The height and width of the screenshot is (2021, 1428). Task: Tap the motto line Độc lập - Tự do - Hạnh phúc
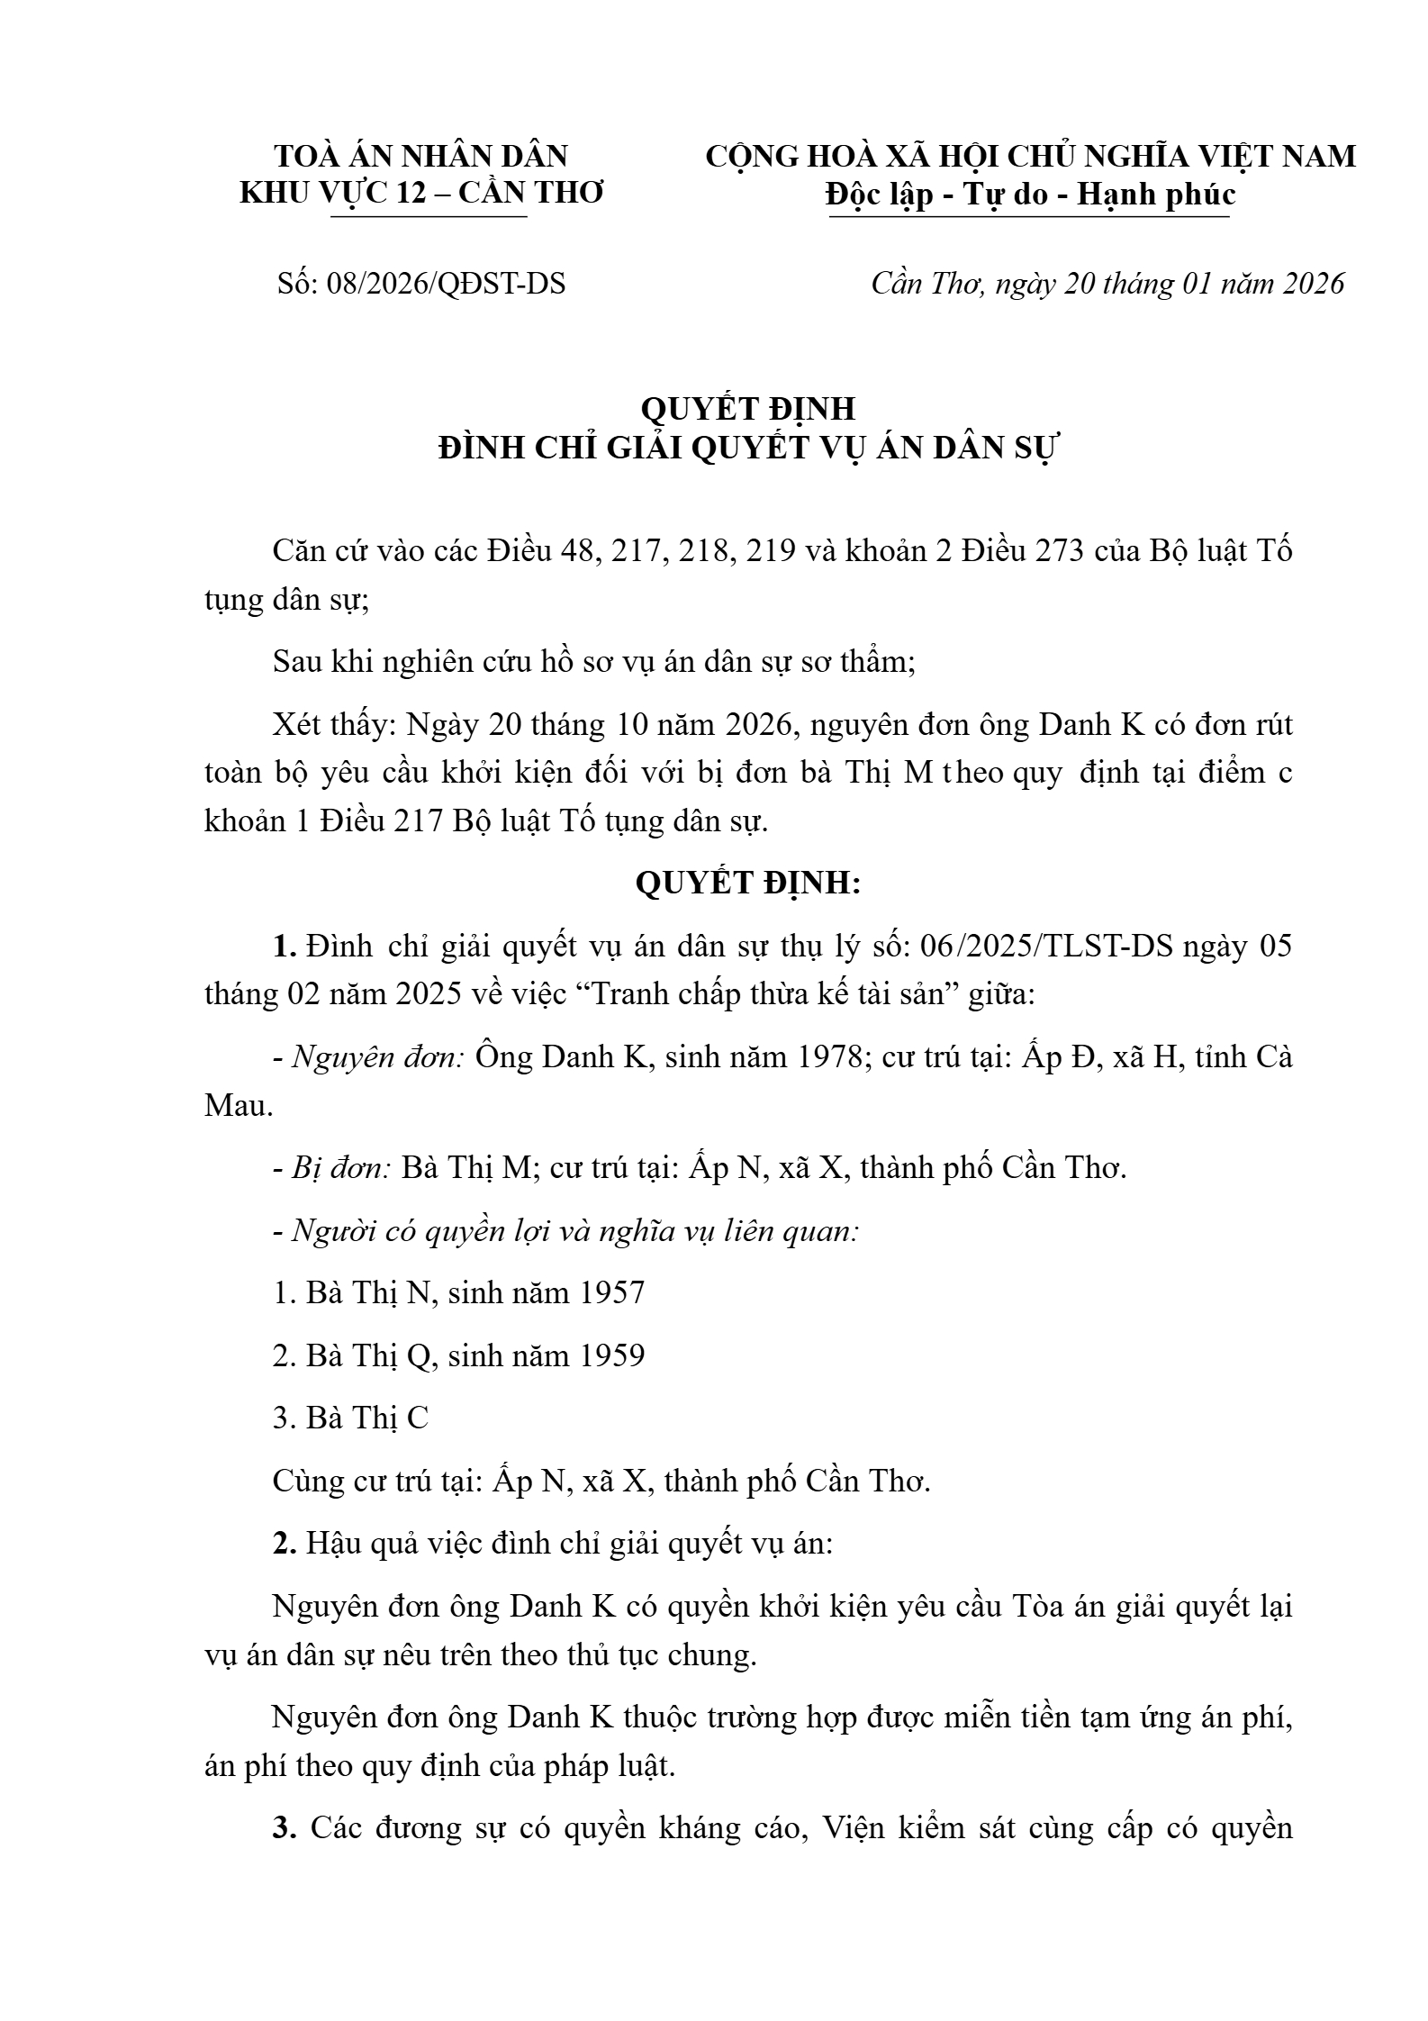[x=1030, y=195]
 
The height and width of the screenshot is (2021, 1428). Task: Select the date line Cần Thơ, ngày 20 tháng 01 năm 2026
[x=1107, y=284]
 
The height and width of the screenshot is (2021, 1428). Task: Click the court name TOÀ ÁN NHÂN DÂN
[x=420, y=156]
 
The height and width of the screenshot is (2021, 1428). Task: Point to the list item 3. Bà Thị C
[x=350, y=1418]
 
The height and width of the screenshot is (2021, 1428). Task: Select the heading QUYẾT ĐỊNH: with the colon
[x=747, y=884]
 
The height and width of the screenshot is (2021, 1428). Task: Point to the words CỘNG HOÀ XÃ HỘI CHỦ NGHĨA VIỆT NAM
[x=1030, y=156]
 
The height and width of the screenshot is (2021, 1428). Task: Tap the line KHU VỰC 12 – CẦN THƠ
[x=420, y=193]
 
